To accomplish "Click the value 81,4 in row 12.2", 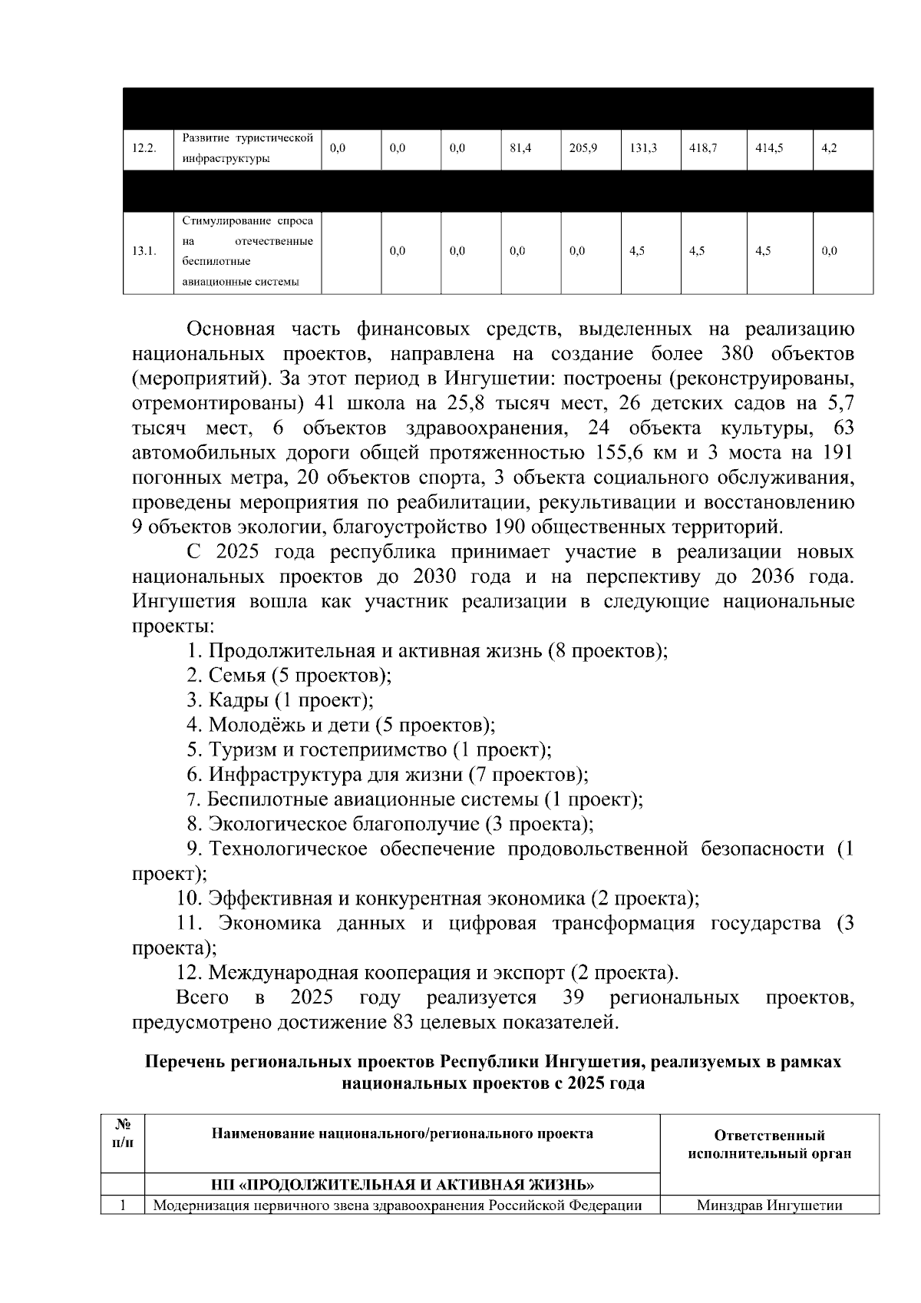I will (521, 149).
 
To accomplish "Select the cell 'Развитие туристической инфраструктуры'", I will (248, 149).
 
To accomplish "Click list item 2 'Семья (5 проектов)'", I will (289, 676).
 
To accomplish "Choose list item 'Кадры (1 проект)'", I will (280, 700).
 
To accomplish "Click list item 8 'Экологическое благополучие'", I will (391, 824).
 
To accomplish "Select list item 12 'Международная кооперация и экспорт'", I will (427, 973).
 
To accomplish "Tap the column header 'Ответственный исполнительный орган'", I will (769, 1145).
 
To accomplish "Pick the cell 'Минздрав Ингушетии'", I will (769, 1205).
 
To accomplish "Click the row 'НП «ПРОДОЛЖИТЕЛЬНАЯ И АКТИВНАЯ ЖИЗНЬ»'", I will (402, 1183).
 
